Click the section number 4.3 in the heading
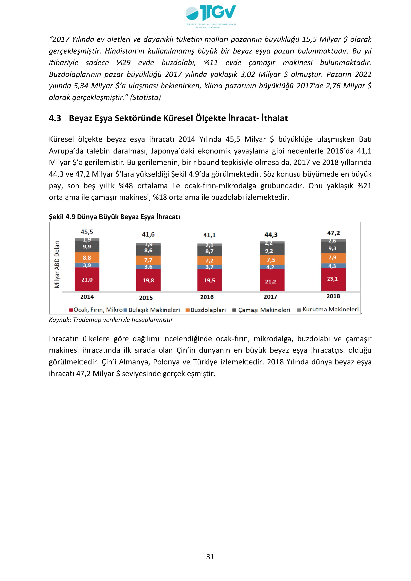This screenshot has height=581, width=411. click(55, 118)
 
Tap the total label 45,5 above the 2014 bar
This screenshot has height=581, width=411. click(87, 232)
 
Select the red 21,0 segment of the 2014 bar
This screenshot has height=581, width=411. click(87, 280)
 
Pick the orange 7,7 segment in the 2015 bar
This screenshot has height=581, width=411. click(148, 260)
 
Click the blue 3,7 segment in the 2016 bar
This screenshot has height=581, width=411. click(209, 267)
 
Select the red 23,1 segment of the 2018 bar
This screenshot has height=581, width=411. click(332, 279)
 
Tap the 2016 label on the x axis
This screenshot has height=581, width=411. click(207, 297)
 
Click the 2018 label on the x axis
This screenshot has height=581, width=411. click(333, 296)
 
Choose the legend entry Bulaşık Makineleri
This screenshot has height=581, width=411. click(154, 310)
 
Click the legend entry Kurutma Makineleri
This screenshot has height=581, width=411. click(330, 310)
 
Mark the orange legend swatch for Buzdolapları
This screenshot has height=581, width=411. click(188, 310)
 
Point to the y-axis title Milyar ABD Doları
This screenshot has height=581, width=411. click(57, 265)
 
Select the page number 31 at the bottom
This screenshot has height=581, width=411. click(210, 557)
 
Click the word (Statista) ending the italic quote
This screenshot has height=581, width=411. click(145, 97)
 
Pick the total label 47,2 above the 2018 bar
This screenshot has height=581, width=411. click(333, 233)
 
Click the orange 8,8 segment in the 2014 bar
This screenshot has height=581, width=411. click(87, 258)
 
